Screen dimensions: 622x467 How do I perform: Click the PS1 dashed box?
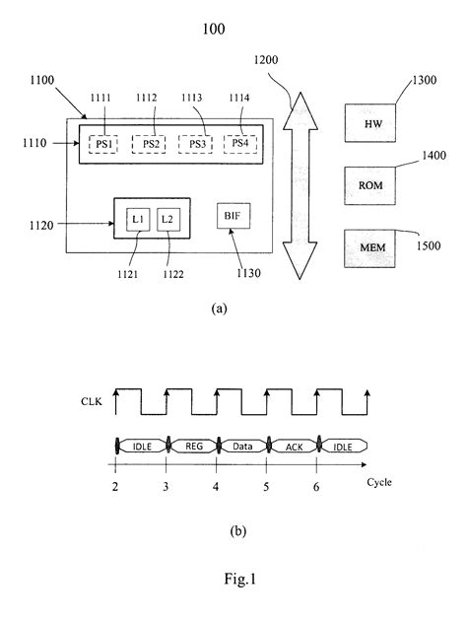(104, 144)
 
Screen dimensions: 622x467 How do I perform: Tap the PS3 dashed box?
(196, 144)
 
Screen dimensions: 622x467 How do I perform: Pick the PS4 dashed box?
(239, 144)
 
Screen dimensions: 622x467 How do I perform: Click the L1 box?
(137, 218)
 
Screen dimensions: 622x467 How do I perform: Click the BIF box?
(233, 215)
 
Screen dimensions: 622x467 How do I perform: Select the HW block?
(371, 124)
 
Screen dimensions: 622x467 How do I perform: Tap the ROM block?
(371, 184)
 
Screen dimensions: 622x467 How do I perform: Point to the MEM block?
(371, 245)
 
